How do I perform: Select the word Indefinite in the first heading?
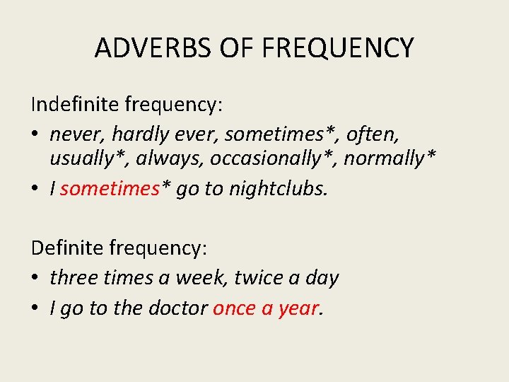[x=75, y=105]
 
